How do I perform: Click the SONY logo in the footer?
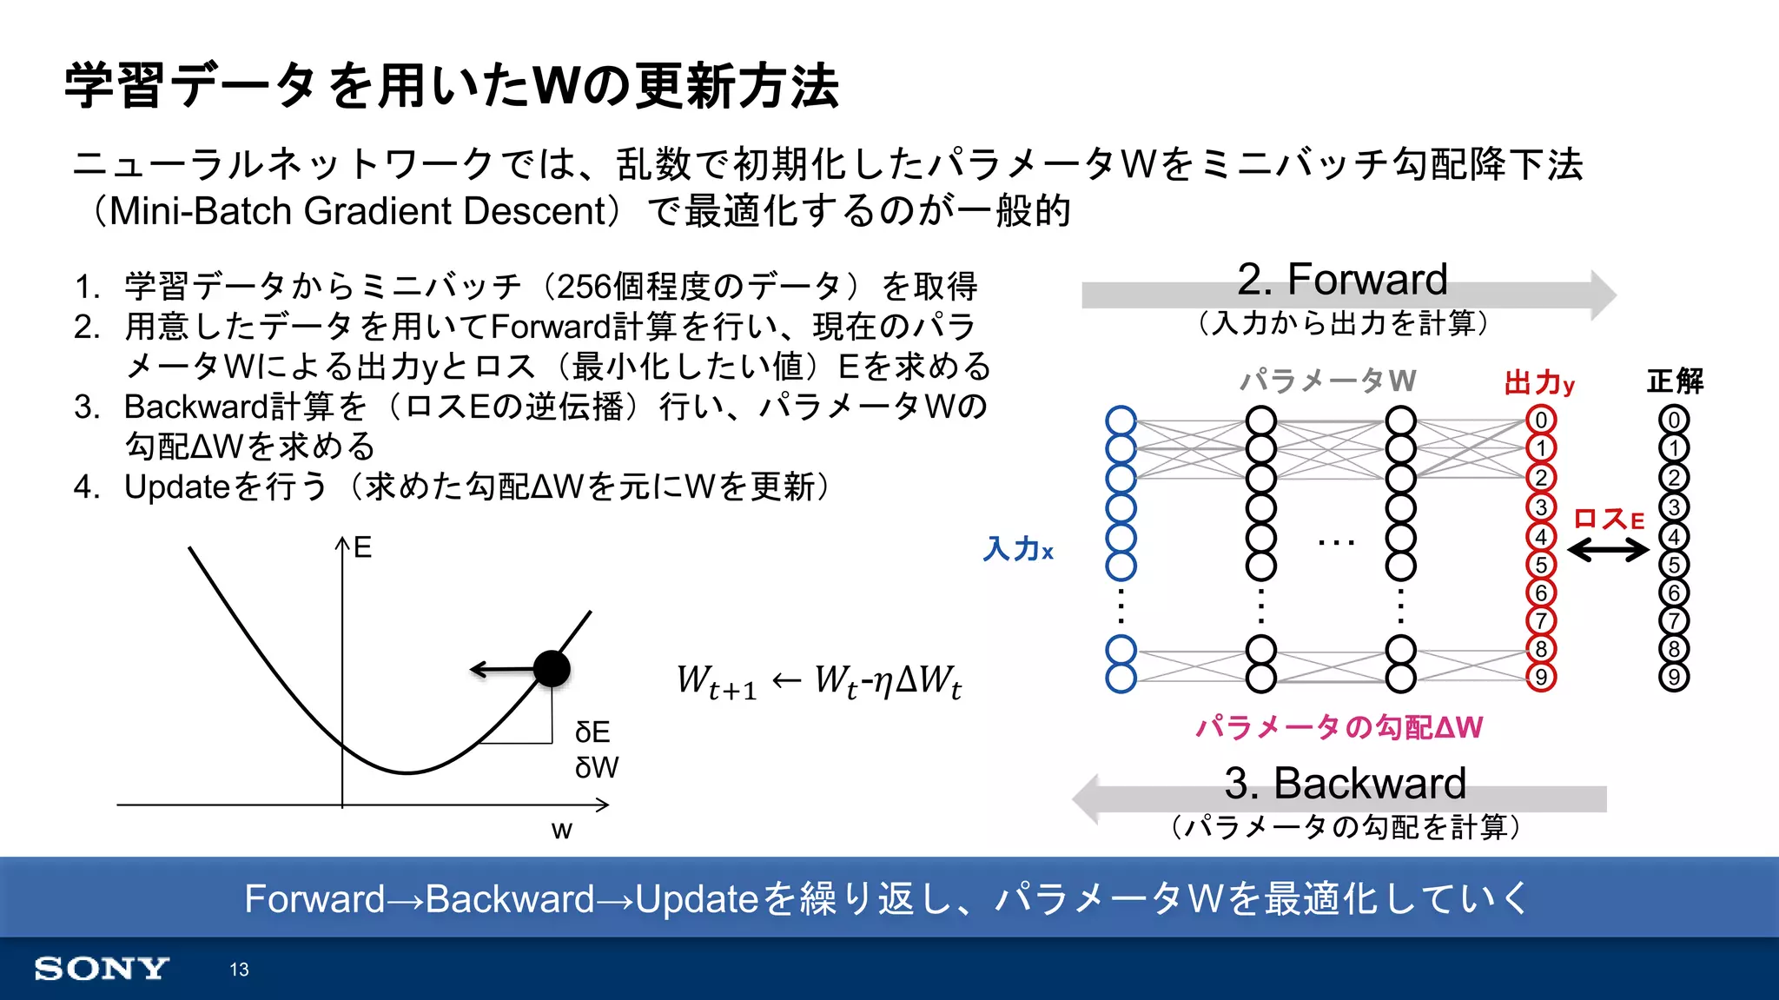[x=102, y=969]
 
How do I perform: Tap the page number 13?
[x=239, y=970]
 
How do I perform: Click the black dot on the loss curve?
[x=552, y=668]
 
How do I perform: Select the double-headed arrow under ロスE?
[x=1607, y=549]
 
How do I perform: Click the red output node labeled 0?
[x=1541, y=421]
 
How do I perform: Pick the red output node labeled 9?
[x=1541, y=677]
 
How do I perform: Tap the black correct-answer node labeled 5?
[x=1674, y=565]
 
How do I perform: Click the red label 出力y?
[x=1539, y=382]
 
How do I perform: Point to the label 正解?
[x=1675, y=381]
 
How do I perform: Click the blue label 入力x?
[x=1018, y=549]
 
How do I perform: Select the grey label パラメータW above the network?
[x=1328, y=381]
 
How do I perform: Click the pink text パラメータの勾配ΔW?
[x=1339, y=726]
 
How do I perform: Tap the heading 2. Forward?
[x=1342, y=280]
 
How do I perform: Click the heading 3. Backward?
[x=1345, y=783]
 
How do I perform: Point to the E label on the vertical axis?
[x=362, y=547]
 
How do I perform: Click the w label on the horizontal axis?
[x=562, y=830]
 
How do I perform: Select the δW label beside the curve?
[x=597, y=767]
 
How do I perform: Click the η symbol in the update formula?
[x=883, y=680]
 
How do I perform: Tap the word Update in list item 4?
[x=177, y=487]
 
